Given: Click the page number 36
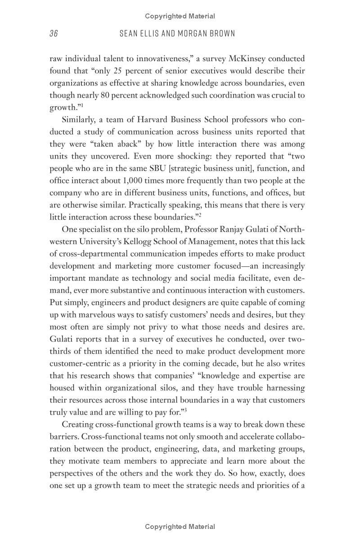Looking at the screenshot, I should pyautogui.click(x=54, y=34).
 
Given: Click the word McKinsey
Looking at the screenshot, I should pyautogui.click(x=247, y=58).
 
